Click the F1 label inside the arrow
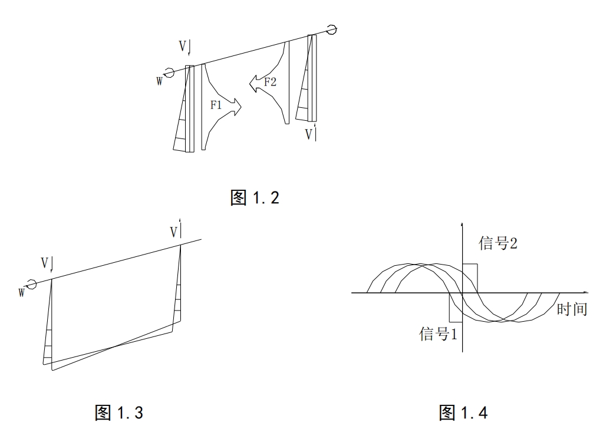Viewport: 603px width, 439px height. (216, 104)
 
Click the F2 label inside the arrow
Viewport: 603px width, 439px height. (270, 81)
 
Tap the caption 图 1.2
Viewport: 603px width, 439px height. (255, 197)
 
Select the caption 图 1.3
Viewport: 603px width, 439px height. (119, 412)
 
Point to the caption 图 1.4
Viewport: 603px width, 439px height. (463, 412)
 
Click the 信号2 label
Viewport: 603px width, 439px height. (497, 243)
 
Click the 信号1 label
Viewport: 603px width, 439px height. (438, 334)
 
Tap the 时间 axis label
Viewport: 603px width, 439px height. (572, 309)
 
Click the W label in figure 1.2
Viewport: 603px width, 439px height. (160, 81)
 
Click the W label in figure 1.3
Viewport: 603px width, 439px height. (22, 293)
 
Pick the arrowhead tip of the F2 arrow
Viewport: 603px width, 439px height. (249, 83)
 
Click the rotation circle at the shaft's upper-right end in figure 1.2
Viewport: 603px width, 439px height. (331, 29)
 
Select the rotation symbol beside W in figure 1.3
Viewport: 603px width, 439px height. (31, 283)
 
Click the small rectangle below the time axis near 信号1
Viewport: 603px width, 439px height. (456, 307)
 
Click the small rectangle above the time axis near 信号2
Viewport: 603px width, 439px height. (470, 278)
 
